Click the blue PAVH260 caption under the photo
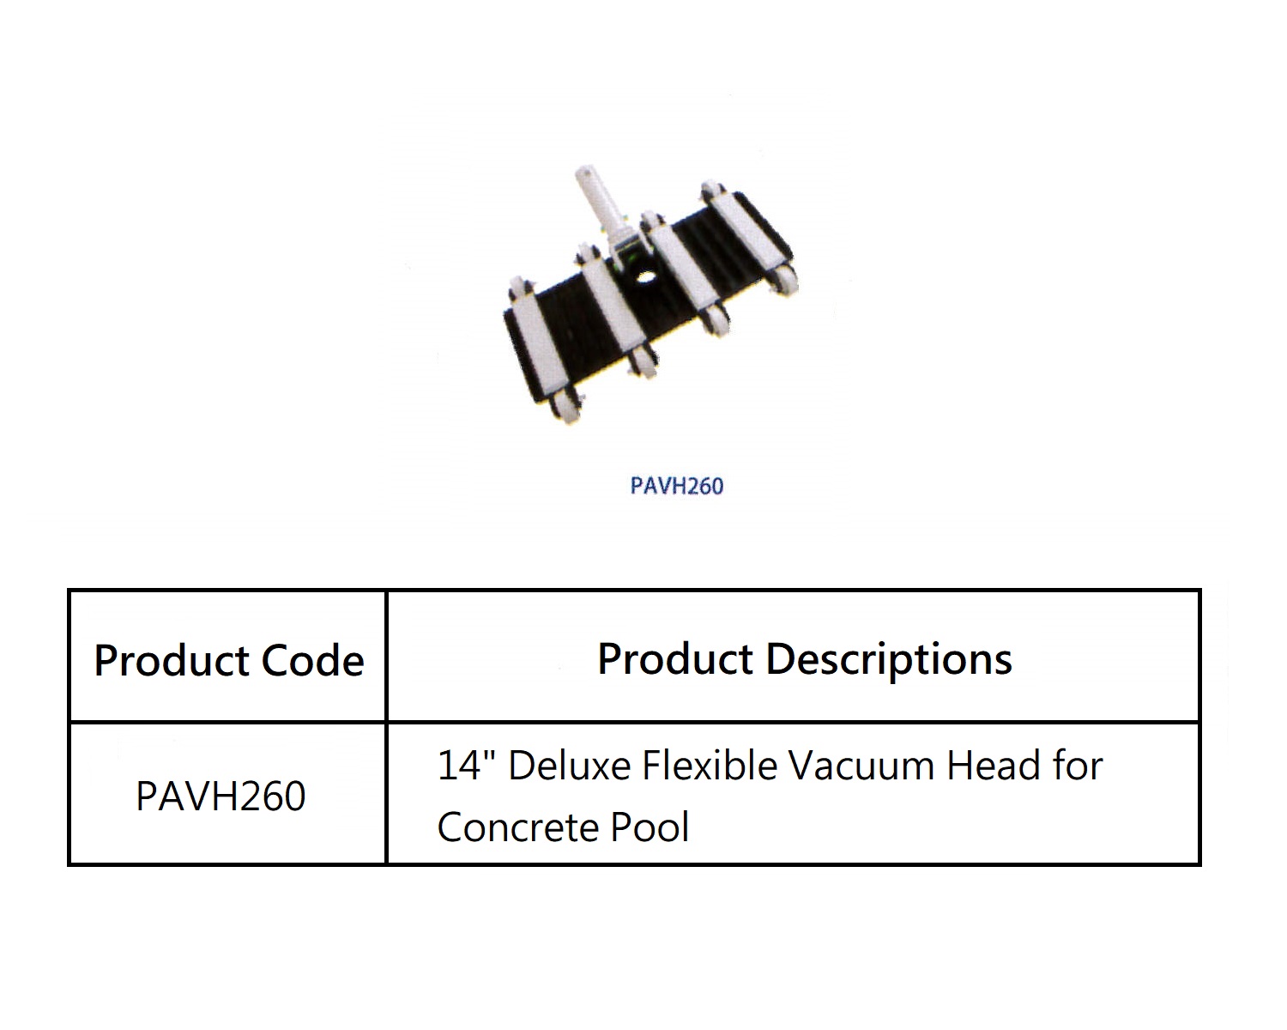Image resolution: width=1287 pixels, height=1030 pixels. point(676,486)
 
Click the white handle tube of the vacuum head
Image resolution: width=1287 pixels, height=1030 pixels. point(595,201)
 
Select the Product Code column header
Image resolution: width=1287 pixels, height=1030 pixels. point(228,660)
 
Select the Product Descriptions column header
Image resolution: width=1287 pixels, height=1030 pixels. point(804,658)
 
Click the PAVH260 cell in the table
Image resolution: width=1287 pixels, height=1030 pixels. point(221,796)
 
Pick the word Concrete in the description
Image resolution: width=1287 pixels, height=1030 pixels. point(517,827)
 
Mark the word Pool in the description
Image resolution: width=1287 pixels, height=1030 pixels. point(650,827)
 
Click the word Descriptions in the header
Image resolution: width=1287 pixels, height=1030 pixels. point(888,658)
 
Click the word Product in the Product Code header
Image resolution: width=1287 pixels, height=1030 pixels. point(172,660)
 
